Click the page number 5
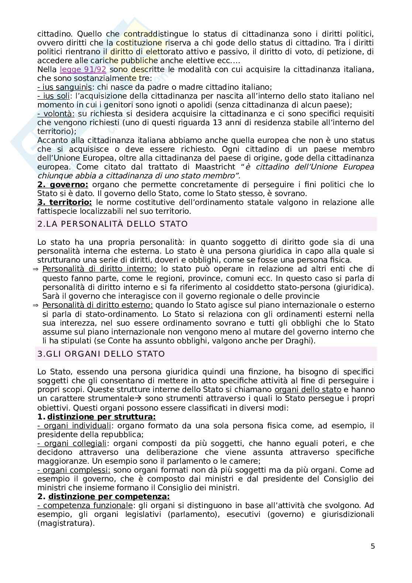pyautogui.click(x=372, y=546)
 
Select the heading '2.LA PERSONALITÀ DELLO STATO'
pyautogui.click(x=113, y=224)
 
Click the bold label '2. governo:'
pyautogui.click(x=63, y=185)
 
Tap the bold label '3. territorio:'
pyautogui.click(x=65, y=202)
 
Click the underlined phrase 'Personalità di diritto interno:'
pyautogui.click(x=99, y=269)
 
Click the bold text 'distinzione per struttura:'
pyautogui.click(x=102, y=417)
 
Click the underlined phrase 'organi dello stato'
pyautogui.click(x=308, y=390)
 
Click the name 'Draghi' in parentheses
pyautogui.click(x=299, y=341)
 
